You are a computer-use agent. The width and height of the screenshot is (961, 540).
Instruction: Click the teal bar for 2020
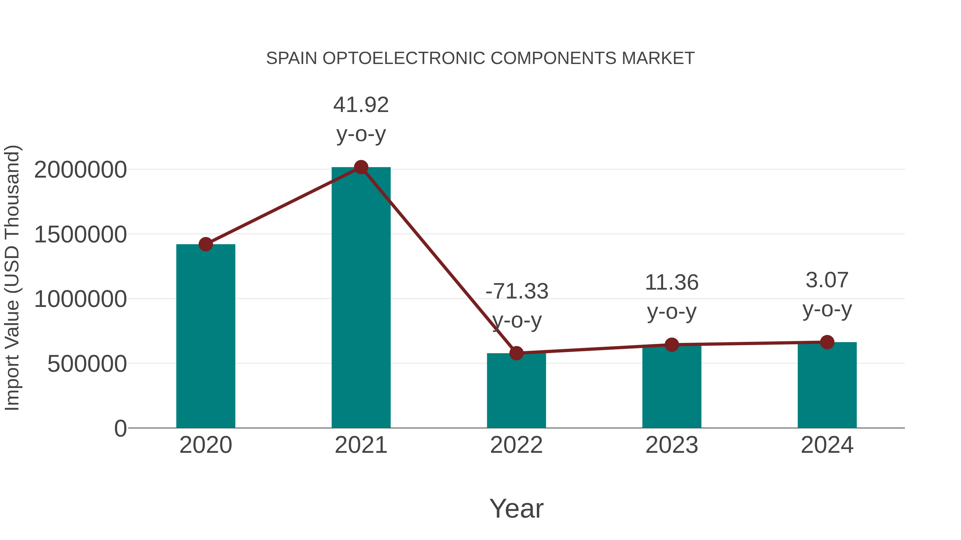click(206, 335)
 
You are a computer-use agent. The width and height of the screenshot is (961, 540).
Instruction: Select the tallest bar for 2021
click(361, 298)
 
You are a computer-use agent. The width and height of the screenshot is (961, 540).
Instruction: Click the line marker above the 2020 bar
click(206, 245)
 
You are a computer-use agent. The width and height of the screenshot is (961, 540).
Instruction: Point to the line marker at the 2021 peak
click(361, 167)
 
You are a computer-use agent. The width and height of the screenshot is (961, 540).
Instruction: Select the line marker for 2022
click(516, 353)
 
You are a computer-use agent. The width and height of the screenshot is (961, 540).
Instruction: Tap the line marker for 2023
click(672, 345)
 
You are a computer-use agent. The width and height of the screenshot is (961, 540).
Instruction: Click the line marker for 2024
click(827, 342)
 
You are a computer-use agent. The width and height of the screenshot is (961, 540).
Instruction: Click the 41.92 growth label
click(361, 105)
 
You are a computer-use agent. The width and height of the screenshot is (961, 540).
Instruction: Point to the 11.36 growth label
click(672, 282)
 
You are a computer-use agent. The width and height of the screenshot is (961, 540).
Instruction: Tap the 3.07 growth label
click(827, 280)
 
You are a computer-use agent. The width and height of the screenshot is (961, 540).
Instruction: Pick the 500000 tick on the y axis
click(87, 364)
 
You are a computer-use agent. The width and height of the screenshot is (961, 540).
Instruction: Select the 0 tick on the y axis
click(120, 429)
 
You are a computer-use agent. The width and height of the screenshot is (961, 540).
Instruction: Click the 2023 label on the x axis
click(672, 445)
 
